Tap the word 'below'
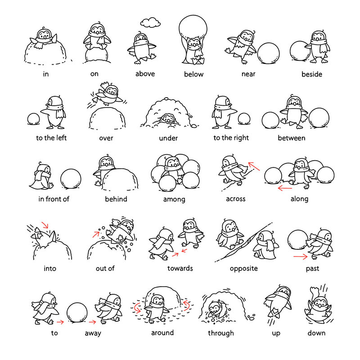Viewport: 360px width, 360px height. pyautogui.click(x=193, y=74)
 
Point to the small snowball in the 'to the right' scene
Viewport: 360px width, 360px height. pyautogui.click(x=243, y=119)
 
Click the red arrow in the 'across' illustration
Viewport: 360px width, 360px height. pyautogui.click(x=254, y=167)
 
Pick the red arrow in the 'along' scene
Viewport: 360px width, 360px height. pyautogui.click(x=284, y=187)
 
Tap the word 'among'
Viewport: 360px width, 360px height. pyautogui.click(x=174, y=199)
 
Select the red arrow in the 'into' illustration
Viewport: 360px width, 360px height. pyautogui.click(x=45, y=225)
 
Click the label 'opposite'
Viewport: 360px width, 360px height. pyautogui.click(x=243, y=269)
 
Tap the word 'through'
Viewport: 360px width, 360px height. pyautogui.click(x=221, y=333)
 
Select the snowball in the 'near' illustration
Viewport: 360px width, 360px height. pyautogui.click(x=269, y=54)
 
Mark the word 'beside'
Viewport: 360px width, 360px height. pyautogui.click(x=311, y=74)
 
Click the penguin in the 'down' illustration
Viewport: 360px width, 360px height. pyautogui.click(x=318, y=303)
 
